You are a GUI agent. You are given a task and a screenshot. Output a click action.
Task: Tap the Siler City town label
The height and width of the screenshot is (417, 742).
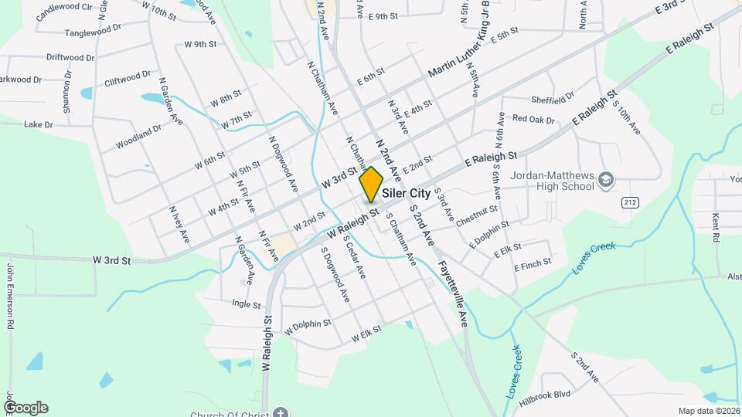(406, 194)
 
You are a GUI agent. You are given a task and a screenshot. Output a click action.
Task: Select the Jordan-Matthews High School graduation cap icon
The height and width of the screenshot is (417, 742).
(607, 181)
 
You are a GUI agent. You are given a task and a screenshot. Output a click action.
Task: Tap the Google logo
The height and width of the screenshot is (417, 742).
(26, 408)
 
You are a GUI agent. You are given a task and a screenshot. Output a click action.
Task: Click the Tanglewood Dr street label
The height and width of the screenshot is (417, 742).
(94, 30)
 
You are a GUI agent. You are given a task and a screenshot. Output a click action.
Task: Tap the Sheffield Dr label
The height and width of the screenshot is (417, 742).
(553, 100)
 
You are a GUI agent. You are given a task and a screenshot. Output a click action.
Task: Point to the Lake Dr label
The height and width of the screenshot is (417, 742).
(38, 124)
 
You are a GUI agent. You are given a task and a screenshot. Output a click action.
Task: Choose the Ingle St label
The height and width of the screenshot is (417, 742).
(246, 304)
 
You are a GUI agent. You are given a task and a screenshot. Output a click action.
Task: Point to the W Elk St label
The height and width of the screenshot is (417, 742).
(366, 336)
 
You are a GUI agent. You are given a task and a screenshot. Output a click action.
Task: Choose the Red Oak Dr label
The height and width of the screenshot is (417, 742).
(534, 120)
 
